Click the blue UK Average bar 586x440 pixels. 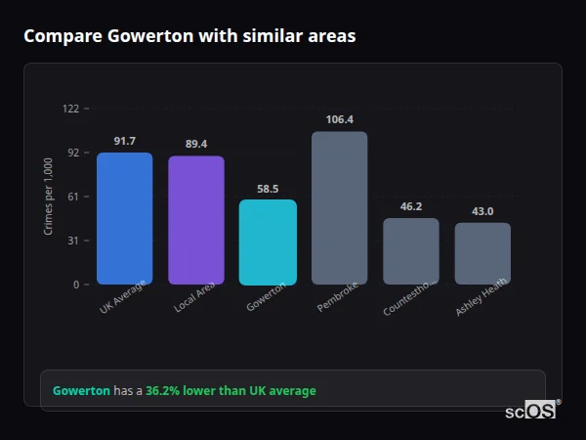click(x=124, y=218)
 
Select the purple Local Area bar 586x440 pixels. click(x=196, y=220)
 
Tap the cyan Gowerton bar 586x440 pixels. click(x=268, y=242)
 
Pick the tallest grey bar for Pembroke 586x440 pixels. click(x=339, y=207)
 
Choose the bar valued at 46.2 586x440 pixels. click(x=411, y=251)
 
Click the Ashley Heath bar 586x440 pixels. click(x=482, y=253)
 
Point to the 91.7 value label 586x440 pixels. click(x=124, y=141)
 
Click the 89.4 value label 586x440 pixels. click(x=196, y=144)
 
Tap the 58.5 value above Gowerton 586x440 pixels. click(x=268, y=189)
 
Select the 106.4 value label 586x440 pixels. click(x=339, y=119)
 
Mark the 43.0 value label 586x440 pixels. click(x=482, y=211)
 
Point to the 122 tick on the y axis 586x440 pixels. click(x=70, y=109)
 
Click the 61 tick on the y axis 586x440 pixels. click(x=72, y=197)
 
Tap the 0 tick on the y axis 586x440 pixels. click(x=75, y=285)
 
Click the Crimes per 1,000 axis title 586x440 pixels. click(x=48, y=196)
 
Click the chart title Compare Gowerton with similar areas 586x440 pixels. click(x=189, y=36)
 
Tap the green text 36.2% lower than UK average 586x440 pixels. click(x=230, y=391)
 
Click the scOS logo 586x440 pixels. click(x=530, y=411)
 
